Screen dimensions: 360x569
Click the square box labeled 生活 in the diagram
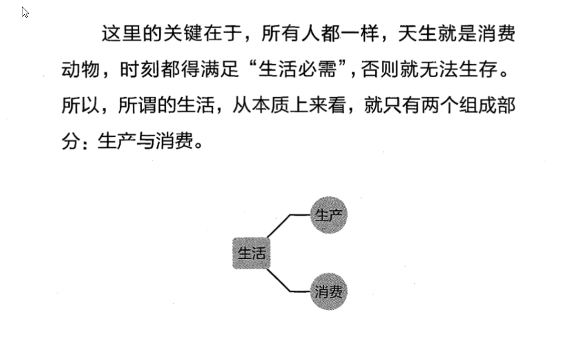[252, 254]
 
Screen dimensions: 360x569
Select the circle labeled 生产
[328, 215]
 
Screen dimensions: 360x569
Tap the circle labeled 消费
[328, 291]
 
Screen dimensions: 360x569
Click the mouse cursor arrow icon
[25, 12]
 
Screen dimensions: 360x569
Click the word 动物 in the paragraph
[79, 70]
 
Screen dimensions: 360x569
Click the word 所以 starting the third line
[79, 106]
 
